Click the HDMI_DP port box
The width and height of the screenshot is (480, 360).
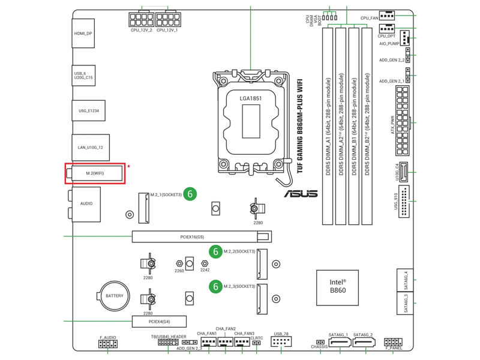pyautogui.click(x=83, y=34)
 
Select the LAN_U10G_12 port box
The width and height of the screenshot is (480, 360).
pyautogui.click(x=91, y=147)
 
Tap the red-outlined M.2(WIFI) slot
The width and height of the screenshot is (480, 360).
pyautogui.click(x=95, y=173)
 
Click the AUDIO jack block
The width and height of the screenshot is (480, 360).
pyautogui.click(x=86, y=204)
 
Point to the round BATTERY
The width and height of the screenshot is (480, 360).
pyautogui.click(x=114, y=296)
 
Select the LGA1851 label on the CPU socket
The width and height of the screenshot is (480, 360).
pyautogui.click(x=251, y=98)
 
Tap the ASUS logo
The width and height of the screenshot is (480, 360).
pyautogui.click(x=301, y=193)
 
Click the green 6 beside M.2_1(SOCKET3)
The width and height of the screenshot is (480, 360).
pyautogui.click(x=190, y=194)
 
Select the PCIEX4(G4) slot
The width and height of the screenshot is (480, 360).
pyautogui.click(x=159, y=322)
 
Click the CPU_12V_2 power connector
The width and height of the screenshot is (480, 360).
pyautogui.click(x=142, y=20)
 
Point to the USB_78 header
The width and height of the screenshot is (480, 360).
pyautogui.click(x=281, y=342)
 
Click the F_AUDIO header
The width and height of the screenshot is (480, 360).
pyautogui.click(x=108, y=344)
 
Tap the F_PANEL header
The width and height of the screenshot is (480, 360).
pyautogui.click(x=394, y=343)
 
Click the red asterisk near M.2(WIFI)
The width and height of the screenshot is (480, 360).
pyautogui.click(x=128, y=167)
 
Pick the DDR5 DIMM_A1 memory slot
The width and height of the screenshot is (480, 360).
pyautogui.click(x=328, y=126)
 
